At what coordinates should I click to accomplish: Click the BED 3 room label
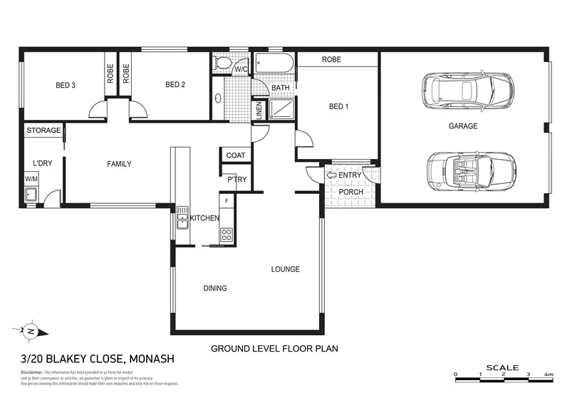66,85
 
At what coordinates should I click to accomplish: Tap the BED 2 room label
175,85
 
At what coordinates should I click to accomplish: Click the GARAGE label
462,126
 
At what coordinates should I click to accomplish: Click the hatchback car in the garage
467,90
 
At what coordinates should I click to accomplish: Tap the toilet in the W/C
223,63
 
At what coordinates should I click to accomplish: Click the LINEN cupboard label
259,110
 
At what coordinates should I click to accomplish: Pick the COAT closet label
235,155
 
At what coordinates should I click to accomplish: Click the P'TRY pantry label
237,180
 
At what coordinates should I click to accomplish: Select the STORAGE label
43,131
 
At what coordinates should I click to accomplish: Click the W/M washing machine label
31,179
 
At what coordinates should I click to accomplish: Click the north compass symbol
31,332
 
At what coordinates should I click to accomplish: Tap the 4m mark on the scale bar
549,374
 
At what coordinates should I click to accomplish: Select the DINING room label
215,288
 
